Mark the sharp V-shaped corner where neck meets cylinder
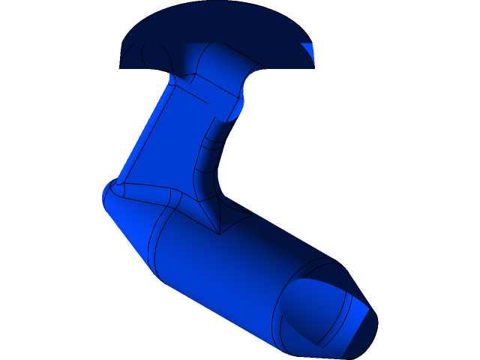[x=218, y=233]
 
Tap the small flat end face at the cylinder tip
[x=361, y=330]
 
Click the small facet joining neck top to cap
[x=185, y=78]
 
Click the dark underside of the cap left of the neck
[x=150, y=56]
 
